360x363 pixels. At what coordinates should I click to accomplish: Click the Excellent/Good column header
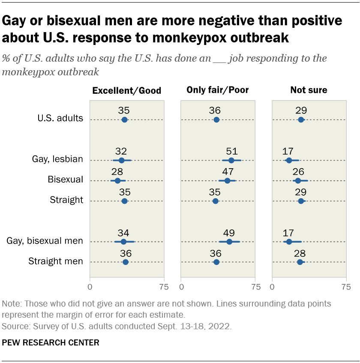[127, 90]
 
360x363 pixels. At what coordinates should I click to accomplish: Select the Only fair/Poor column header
[218, 90]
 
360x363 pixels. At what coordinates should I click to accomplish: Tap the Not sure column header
[309, 90]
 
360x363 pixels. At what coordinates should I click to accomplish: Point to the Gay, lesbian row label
[57, 159]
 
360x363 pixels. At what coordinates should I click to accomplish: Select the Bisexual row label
[66, 179]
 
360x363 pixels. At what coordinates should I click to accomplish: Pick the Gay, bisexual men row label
[45, 241]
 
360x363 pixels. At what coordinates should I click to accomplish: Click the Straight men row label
[56, 261]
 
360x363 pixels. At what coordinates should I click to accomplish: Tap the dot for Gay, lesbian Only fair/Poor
[231, 160]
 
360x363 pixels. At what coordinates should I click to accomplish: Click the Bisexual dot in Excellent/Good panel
[117, 181]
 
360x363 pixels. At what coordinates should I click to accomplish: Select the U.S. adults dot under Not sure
[301, 119]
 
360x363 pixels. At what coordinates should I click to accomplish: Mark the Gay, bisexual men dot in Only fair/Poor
[229, 242]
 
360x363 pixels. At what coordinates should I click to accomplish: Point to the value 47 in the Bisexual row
[227, 171]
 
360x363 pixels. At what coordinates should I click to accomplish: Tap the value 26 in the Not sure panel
[298, 171]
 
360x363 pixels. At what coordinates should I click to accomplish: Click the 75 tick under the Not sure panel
[346, 286]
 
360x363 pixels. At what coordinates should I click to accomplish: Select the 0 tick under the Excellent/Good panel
[90, 286]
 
